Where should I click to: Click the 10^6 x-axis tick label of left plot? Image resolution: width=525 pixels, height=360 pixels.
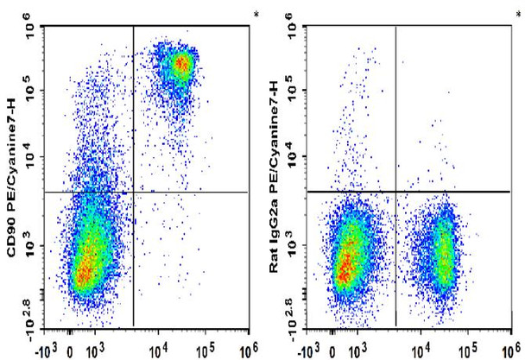click(x=248, y=349)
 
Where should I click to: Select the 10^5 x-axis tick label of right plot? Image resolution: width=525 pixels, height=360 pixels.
click(x=467, y=349)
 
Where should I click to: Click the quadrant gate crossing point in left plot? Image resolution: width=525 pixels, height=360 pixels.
click(x=133, y=192)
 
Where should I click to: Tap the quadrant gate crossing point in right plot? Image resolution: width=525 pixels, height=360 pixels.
click(x=395, y=191)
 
